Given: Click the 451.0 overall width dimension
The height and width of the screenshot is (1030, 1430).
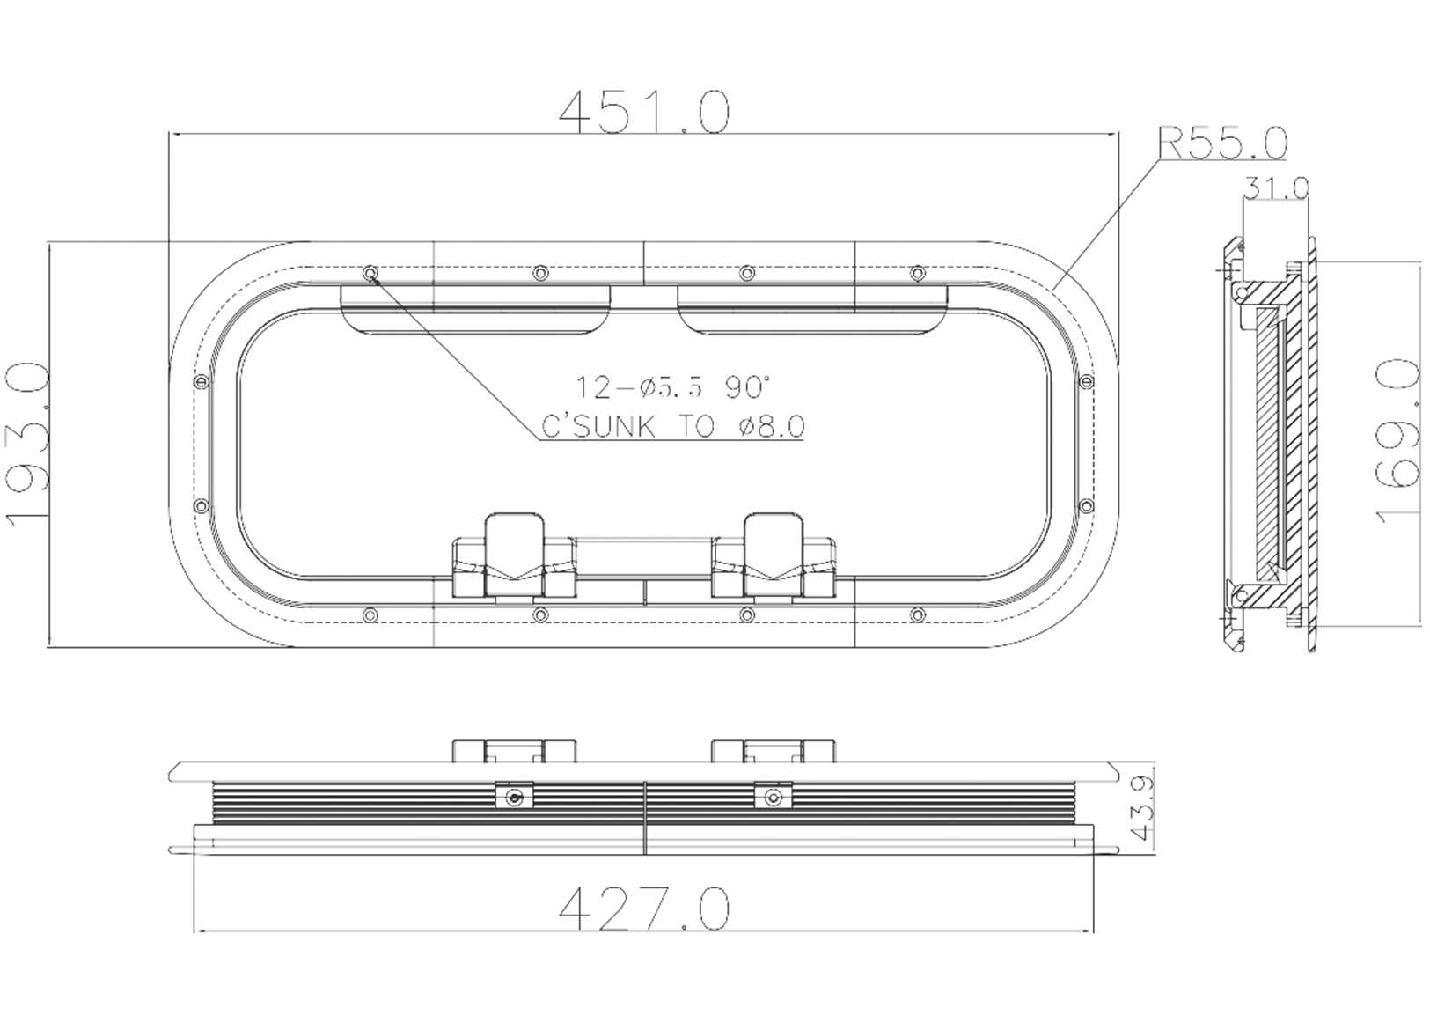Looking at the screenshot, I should pos(643,111).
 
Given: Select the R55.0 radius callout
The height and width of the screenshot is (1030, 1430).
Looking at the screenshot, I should pos(1222,143).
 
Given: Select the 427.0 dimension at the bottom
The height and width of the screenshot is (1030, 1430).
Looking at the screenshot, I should pos(643,909).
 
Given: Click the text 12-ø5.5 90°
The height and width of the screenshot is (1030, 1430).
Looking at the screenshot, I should pos(673,386).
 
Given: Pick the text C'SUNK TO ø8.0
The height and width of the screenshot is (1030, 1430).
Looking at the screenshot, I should pos(672,427).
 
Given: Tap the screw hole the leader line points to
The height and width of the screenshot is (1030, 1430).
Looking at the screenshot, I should pos(370,273).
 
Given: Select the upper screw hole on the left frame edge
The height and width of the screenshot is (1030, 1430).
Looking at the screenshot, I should pos(200,382).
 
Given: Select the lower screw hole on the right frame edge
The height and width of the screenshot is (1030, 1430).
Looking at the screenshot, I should pos(1085,506).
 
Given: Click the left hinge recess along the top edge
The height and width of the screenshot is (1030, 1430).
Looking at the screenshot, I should pos(476,309).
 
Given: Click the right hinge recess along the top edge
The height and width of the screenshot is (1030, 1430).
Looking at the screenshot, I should pos(811,309).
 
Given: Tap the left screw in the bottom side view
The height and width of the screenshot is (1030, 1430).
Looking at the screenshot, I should pos(513,798).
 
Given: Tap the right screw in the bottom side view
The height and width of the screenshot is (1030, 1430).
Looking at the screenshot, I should pos(773,798).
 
